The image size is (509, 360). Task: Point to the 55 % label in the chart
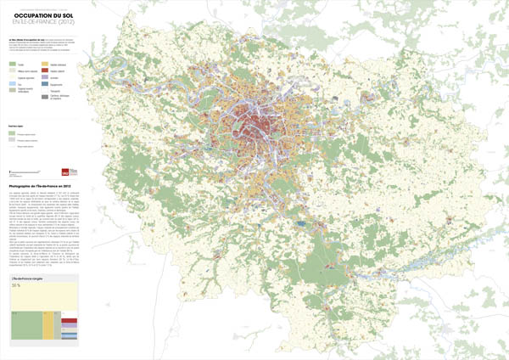(17, 286)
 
